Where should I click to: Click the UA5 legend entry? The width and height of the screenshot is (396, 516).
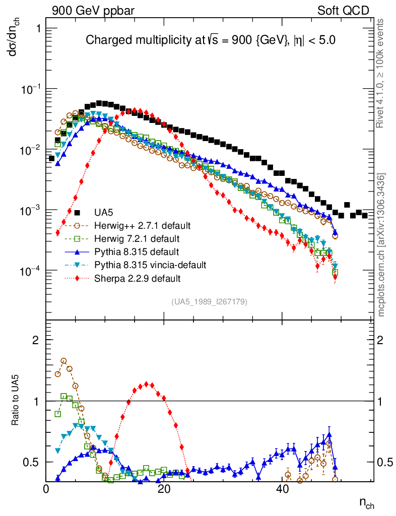(101, 212)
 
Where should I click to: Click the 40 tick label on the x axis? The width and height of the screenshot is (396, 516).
(280, 488)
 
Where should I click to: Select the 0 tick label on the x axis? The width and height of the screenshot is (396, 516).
(46, 488)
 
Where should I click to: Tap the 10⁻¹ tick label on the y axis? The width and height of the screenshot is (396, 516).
(30, 89)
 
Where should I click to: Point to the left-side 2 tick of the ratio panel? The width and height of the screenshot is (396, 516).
(36, 340)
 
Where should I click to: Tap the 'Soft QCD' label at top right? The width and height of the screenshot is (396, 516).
(343, 11)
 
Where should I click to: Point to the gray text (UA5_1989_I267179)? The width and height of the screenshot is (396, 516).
(209, 301)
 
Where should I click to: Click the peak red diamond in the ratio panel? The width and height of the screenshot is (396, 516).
(146, 384)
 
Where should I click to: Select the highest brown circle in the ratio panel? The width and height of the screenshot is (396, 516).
(63, 361)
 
